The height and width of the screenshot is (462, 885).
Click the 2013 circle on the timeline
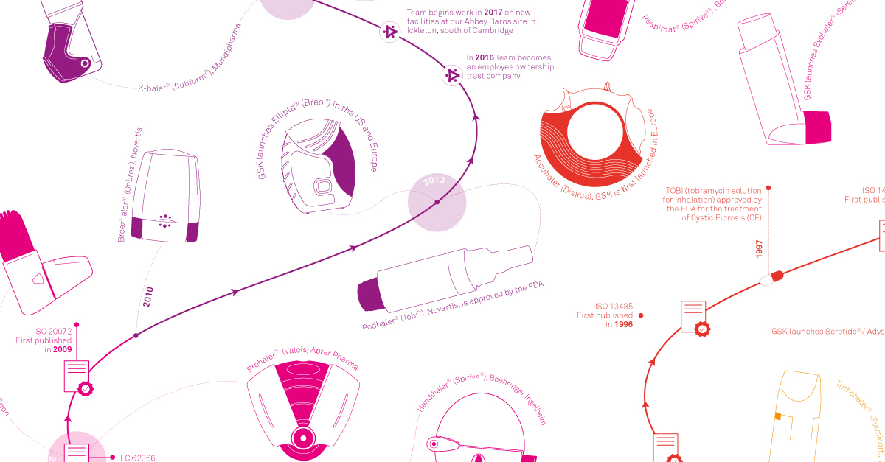(437, 201)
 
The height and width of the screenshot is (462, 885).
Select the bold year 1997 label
(759, 248)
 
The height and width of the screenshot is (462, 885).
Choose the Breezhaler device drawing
(165, 196)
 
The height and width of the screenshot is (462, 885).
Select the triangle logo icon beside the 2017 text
(389, 32)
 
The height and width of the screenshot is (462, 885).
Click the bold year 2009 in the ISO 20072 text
(62, 349)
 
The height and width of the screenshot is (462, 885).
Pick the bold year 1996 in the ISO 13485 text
(623, 324)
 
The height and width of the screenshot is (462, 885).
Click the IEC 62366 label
(136, 458)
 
